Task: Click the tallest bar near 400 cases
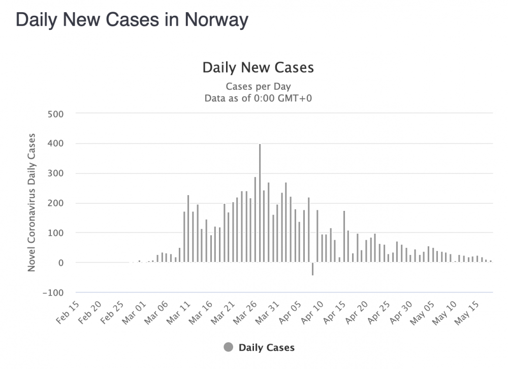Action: [260, 203]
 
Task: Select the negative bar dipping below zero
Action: [312, 269]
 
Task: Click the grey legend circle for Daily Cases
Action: [229, 347]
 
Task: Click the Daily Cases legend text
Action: [266, 347]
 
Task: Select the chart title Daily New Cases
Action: [258, 67]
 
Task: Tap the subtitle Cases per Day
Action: [258, 86]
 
